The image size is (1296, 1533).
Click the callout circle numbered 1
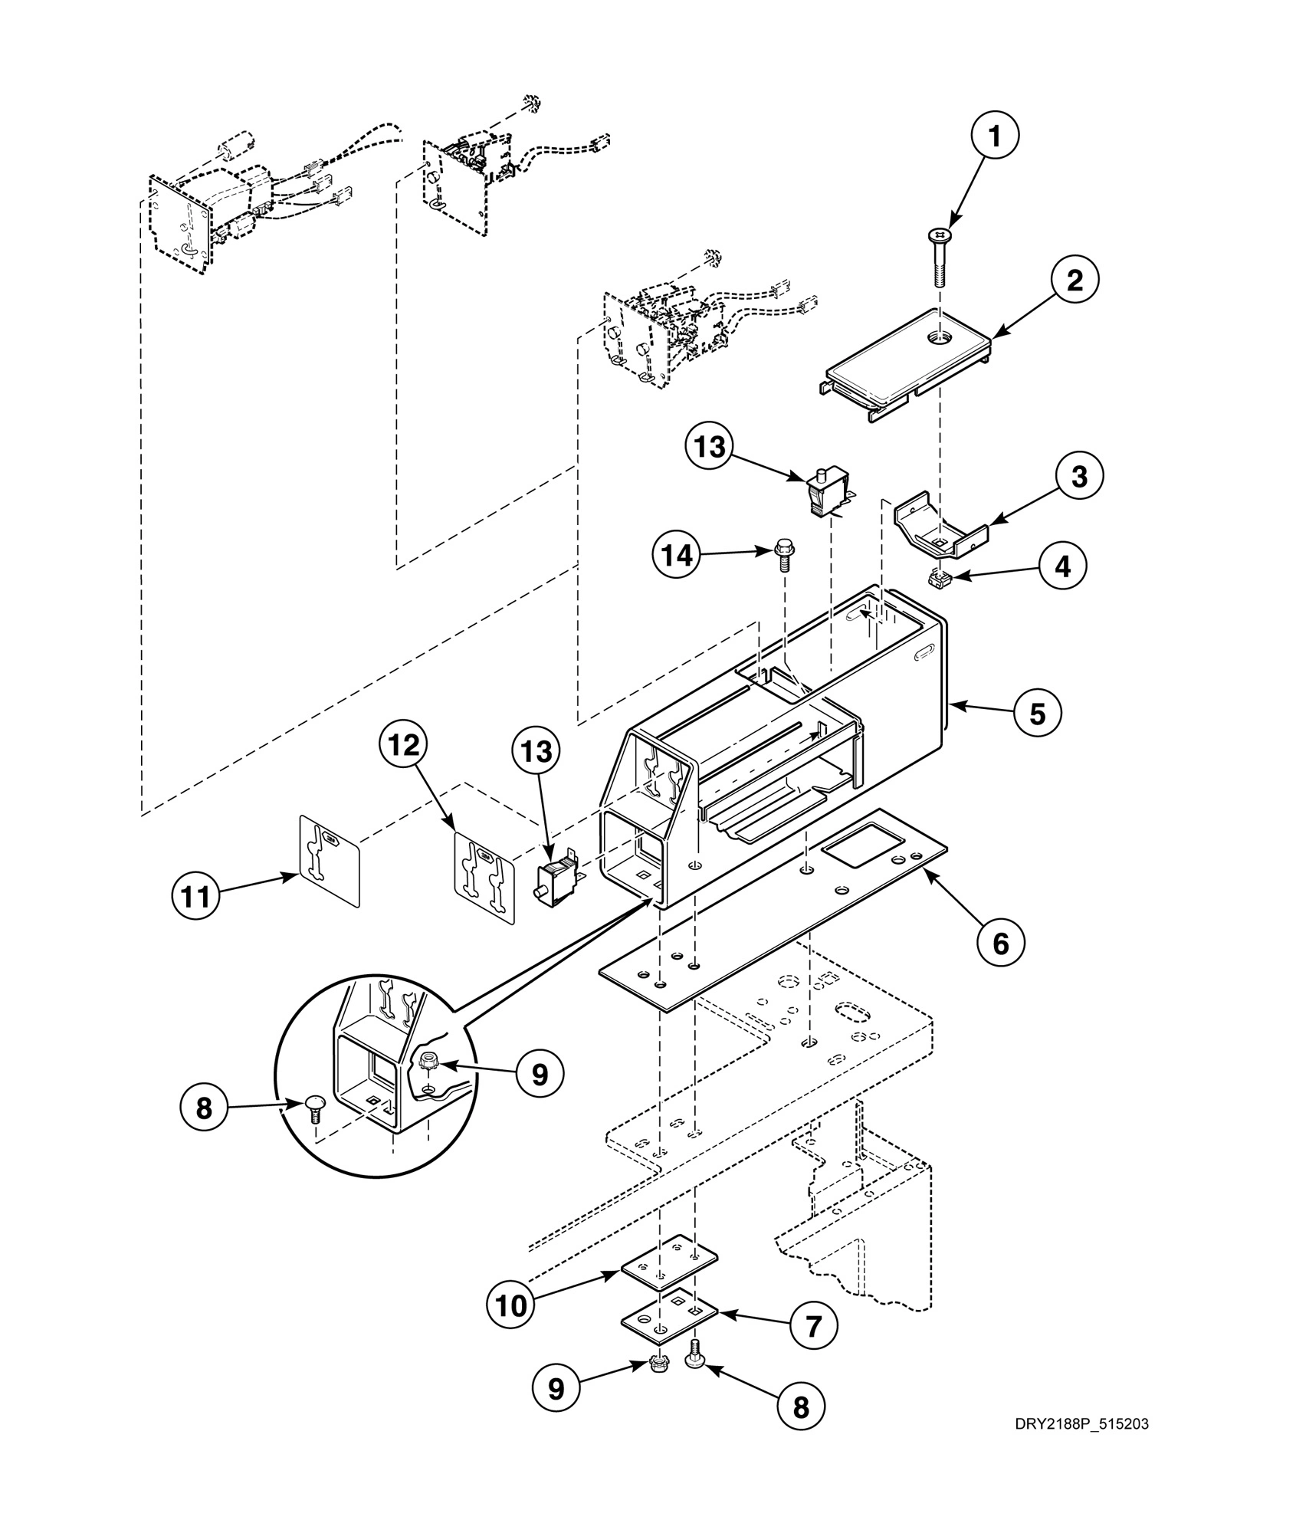994,137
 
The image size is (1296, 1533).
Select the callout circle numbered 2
1075,281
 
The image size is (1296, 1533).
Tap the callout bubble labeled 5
1037,713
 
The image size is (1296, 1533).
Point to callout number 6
1001,944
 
